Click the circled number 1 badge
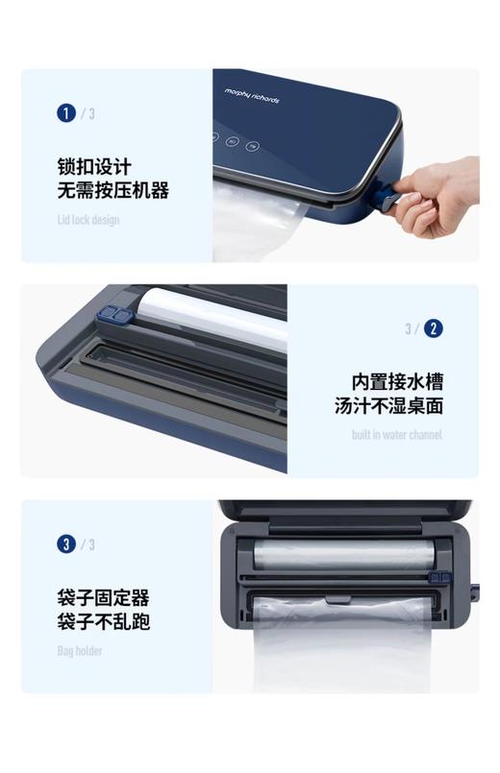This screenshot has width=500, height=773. coord(65,113)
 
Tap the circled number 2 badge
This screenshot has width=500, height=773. coord(434,328)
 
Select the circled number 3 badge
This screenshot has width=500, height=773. coord(65,544)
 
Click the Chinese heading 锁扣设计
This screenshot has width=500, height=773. coord(93,166)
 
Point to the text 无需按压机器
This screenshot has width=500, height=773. coord(112,190)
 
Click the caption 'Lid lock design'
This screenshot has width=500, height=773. coord(87,220)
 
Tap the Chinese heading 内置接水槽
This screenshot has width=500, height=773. coord(397,381)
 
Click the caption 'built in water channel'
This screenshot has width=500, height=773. coord(397,435)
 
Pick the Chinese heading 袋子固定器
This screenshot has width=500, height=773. coord(103,597)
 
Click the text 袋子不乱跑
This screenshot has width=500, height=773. coord(103,621)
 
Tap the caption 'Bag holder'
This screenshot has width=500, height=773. coord(79,651)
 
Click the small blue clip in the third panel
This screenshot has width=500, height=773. coord(439,578)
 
